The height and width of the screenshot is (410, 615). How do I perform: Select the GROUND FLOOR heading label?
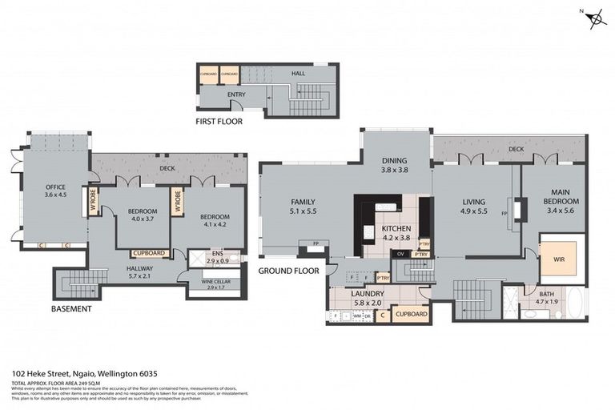[x=288, y=271]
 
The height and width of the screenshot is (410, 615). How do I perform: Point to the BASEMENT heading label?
[x=71, y=308]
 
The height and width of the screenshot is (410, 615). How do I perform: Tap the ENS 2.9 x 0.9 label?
[x=217, y=259]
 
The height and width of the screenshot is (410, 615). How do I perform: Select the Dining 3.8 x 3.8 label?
[x=394, y=165]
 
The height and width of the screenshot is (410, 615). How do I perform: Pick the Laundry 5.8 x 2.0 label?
[x=368, y=298]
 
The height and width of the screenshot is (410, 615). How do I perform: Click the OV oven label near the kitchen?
[x=400, y=255]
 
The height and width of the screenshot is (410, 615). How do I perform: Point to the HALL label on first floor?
[x=299, y=74]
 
